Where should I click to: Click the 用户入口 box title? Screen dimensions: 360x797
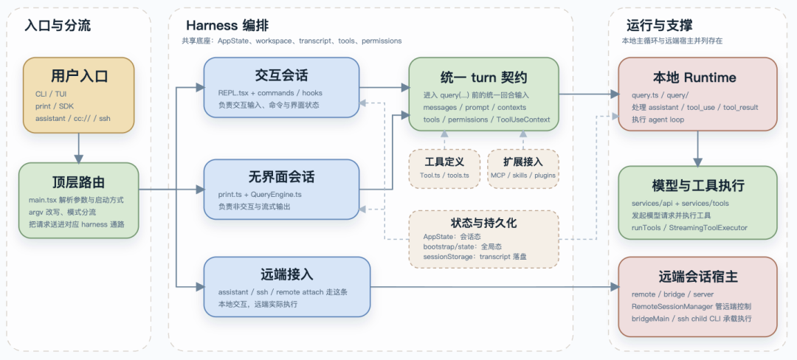coord(79,76)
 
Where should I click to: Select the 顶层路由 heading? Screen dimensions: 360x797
coord(79,181)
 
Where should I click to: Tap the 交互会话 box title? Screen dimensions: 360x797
coord(281,76)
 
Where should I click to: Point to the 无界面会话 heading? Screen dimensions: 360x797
coord(281,177)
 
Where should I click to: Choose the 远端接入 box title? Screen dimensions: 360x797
coord(287,274)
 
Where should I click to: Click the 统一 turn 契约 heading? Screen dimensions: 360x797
coord(483,77)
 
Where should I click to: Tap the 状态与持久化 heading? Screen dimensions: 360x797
coord(483,222)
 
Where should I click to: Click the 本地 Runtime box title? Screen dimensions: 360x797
coord(694,77)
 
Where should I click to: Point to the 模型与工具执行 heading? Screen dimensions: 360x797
coord(697,184)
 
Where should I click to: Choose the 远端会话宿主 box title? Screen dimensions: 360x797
coord(697,277)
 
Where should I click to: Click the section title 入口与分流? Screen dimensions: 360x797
coord(58,25)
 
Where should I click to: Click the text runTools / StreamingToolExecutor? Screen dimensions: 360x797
coord(689,228)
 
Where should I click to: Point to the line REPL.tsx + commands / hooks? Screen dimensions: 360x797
coord(270,93)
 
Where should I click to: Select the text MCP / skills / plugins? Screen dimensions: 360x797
coord(523,176)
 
